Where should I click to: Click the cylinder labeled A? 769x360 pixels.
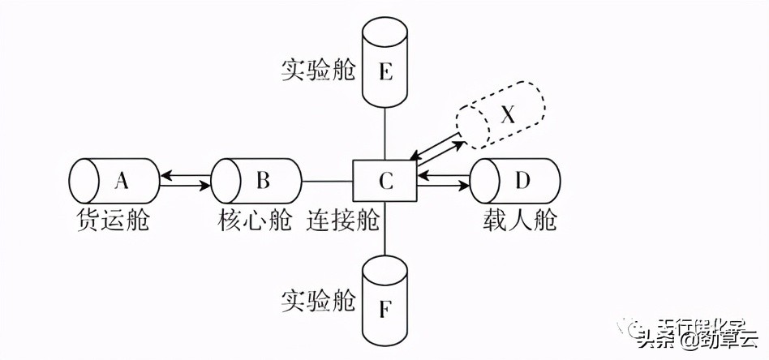pyautogui.click(x=113, y=181)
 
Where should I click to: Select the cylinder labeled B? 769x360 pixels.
pyautogui.click(x=256, y=181)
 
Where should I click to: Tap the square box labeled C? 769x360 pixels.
pyautogui.click(x=385, y=181)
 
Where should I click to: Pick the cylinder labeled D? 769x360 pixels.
pyautogui.click(x=516, y=181)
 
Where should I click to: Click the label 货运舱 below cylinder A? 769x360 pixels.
pyautogui.click(x=113, y=220)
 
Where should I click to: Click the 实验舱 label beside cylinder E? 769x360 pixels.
pyautogui.click(x=318, y=68)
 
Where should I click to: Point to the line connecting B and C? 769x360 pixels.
pyautogui.click(x=327, y=180)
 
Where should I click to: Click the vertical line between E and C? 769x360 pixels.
pyautogui.click(x=385, y=135)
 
